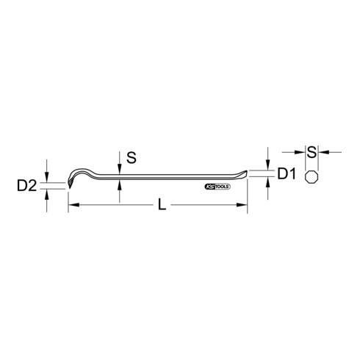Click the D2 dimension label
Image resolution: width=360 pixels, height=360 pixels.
[26, 186]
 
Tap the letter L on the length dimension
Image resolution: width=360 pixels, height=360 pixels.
[162, 206]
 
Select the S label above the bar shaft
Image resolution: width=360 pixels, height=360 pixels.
[131, 156]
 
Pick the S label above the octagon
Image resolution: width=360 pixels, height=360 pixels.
[311, 152]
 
